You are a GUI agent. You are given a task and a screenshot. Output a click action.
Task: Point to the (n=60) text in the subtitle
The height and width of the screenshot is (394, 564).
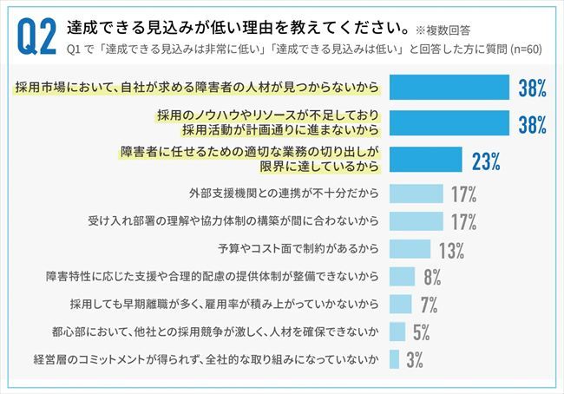[x=522, y=49]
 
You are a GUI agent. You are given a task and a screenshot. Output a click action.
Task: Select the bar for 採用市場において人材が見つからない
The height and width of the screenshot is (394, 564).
[x=449, y=88]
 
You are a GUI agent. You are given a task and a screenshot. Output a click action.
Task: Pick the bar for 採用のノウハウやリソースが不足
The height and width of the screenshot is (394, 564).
[x=449, y=123]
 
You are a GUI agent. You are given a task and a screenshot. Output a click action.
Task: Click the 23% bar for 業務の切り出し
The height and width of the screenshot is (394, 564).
[x=425, y=160]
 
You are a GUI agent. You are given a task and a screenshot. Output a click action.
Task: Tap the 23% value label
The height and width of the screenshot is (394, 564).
[x=487, y=161]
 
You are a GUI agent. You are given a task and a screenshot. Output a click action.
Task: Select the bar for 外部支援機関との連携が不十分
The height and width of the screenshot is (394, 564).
[x=416, y=193]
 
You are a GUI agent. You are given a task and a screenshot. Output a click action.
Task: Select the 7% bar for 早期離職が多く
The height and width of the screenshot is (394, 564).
[x=400, y=304]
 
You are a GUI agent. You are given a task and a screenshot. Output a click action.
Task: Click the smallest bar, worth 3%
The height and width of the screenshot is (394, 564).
[x=394, y=359]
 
